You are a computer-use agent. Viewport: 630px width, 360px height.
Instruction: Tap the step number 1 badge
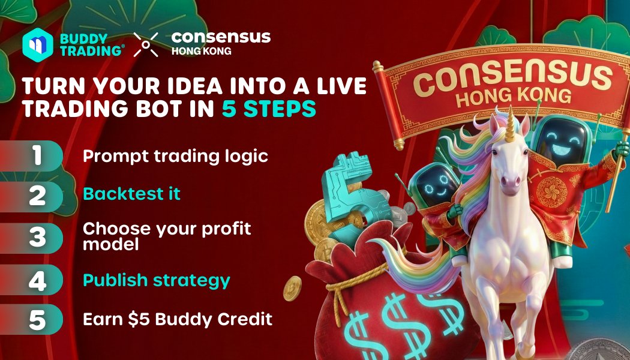point(38,156)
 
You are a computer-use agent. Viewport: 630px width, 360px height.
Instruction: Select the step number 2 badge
point(38,196)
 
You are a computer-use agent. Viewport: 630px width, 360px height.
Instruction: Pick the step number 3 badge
point(38,236)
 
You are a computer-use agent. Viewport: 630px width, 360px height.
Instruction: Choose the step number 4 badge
point(38,280)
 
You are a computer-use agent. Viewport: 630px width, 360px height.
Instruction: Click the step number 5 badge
point(38,319)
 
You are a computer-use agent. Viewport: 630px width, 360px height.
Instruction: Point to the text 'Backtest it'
point(131,194)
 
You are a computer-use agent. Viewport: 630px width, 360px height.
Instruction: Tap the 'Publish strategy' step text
point(156,280)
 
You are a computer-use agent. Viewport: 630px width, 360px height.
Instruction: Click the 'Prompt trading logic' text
point(175,156)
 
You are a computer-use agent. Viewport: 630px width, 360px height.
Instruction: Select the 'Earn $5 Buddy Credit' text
point(177,319)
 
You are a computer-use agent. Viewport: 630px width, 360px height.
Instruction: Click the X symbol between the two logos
point(146,44)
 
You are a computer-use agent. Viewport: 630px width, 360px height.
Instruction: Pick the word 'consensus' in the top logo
point(221,37)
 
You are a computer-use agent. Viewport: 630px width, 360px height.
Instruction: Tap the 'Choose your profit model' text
point(167,236)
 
